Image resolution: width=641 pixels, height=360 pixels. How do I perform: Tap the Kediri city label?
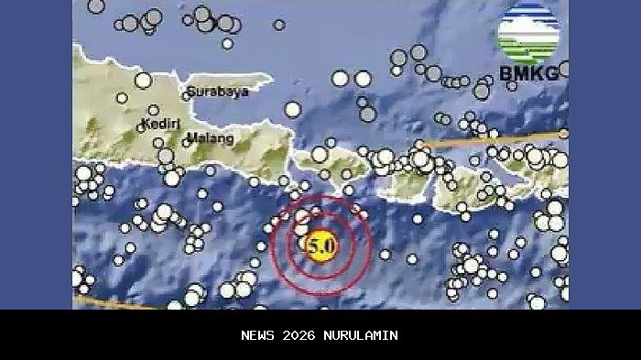click(x=161, y=124)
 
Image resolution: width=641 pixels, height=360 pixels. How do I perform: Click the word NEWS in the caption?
click(x=259, y=335)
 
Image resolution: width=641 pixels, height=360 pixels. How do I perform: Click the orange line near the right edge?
click(x=513, y=139)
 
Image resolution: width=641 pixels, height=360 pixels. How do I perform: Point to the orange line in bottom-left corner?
click(x=110, y=301)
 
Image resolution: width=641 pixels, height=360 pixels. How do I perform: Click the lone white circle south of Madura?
click(x=292, y=110)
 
